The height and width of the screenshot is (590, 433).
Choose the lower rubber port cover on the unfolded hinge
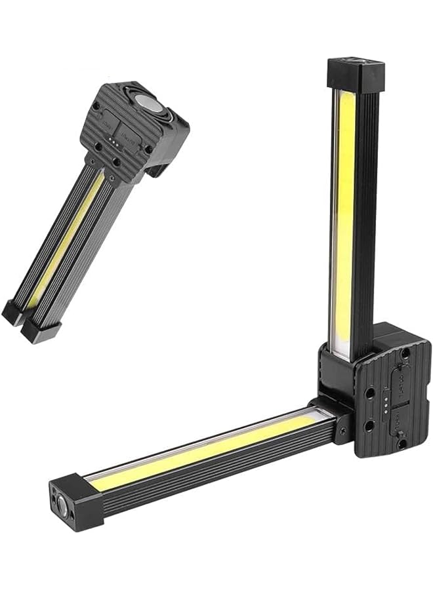click(399, 429)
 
